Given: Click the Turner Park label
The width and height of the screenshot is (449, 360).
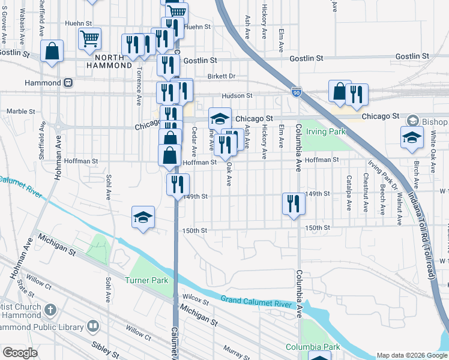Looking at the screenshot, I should pyautogui.click(x=147, y=280).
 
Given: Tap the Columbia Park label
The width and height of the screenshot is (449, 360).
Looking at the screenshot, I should pyautogui.click(x=312, y=347).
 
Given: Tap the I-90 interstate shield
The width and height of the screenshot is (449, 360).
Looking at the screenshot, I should pyautogui.click(x=296, y=92).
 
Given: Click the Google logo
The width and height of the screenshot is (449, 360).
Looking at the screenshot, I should pyautogui.click(x=20, y=353).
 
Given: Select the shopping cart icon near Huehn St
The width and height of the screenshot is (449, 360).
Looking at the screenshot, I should pyautogui.click(x=89, y=38).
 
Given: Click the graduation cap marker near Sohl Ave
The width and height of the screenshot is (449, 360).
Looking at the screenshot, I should pyautogui.click(x=143, y=217).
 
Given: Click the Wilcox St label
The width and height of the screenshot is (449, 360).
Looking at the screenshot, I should pyautogui.click(x=195, y=298).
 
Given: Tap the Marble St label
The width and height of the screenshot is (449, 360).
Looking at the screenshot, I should pyautogui.click(x=21, y=111).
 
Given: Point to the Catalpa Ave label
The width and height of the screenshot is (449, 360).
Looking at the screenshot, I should pyautogui.click(x=349, y=193).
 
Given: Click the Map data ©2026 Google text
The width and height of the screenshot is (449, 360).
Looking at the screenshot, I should pyautogui.click(x=412, y=355).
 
